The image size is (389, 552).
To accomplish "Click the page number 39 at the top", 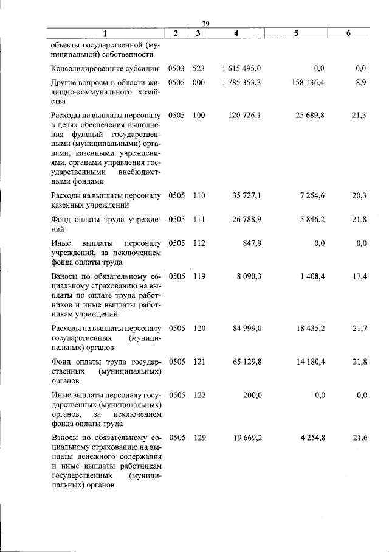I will pos(205,23).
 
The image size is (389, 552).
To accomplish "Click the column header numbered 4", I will pos(236,33).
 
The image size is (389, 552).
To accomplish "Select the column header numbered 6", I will pos(348,33).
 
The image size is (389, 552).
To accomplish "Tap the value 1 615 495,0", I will pos(242,69).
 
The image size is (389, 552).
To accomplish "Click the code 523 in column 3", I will pos(199,69).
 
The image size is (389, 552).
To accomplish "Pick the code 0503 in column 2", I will pos(176,69).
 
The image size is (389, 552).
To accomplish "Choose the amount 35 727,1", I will pos(247,196).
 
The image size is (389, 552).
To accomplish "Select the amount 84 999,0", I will pos(247,329).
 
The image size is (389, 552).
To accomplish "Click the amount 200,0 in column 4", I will pos(252,395).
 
